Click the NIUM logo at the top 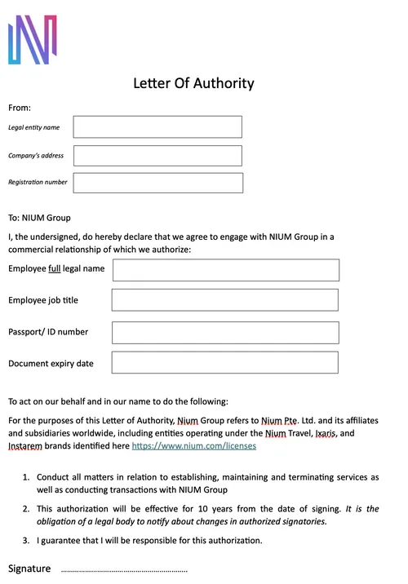click(32, 39)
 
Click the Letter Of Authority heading click(193, 83)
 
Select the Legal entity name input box click(157, 127)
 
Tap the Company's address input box click(157, 156)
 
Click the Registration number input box click(158, 183)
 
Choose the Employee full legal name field click(225, 270)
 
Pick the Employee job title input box click(224, 300)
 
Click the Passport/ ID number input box click(224, 333)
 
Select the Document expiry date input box click(224, 363)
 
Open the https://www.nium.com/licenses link click(193, 446)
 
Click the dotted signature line click(124, 570)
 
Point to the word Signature click(29, 569)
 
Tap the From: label click(20, 108)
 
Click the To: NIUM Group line click(39, 218)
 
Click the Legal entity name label click(33, 128)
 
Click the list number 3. click(25, 540)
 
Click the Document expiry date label click(51, 364)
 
